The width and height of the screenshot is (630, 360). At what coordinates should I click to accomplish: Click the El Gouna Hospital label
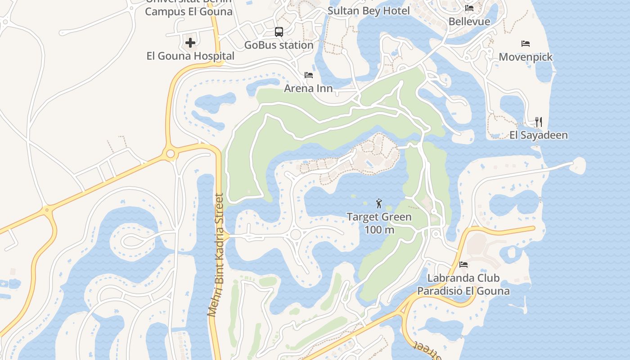[x=190, y=56]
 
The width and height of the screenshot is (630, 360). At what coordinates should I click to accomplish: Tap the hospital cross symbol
[x=190, y=43]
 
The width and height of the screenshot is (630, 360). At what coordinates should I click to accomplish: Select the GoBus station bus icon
[x=279, y=32]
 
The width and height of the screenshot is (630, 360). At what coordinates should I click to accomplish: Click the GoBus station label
[x=279, y=45]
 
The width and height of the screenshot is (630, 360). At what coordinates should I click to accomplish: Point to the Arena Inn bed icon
[x=309, y=75]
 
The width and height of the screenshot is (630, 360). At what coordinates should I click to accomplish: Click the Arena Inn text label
[x=309, y=88]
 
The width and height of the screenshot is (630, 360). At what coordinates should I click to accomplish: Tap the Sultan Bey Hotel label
[x=369, y=11]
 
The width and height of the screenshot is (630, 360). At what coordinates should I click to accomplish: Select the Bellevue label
[x=469, y=21]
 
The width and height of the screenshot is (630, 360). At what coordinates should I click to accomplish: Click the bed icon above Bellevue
[x=469, y=8]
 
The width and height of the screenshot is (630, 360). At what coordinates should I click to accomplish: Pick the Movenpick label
[x=526, y=57]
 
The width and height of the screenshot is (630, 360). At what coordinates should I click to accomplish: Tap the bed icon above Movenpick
[x=526, y=44]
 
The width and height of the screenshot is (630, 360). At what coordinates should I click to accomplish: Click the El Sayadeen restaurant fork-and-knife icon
[x=539, y=121]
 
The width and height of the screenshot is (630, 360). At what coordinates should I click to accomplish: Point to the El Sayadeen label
[x=539, y=135]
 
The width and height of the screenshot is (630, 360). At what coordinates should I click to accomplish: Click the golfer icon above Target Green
[x=379, y=203]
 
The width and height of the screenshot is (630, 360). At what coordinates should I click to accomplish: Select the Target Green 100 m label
[x=379, y=223]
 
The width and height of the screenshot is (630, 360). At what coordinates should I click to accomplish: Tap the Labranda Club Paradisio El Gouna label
[x=463, y=284]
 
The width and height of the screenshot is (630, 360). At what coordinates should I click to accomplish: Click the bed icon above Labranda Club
[x=463, y=265]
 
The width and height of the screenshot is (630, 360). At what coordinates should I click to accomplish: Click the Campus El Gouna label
[x=189, y=12]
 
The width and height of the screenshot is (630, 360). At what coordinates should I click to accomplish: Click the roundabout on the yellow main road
[x=170, y=154]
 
